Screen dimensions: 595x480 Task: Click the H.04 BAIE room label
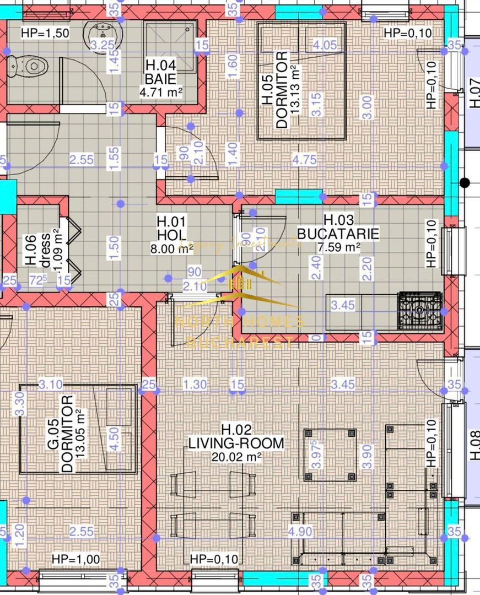[160, 72]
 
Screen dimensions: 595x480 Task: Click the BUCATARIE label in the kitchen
[338, 234]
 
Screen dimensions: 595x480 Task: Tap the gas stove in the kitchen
[420, 311]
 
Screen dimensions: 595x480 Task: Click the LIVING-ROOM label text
[236, 442]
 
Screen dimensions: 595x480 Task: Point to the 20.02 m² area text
[236, 456]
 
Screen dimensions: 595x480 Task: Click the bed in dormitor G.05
[78, 429]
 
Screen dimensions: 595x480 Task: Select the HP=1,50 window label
[45, 33]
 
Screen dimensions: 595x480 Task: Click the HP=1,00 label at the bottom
[76, 559]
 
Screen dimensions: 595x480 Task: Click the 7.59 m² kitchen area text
[338, 247]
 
